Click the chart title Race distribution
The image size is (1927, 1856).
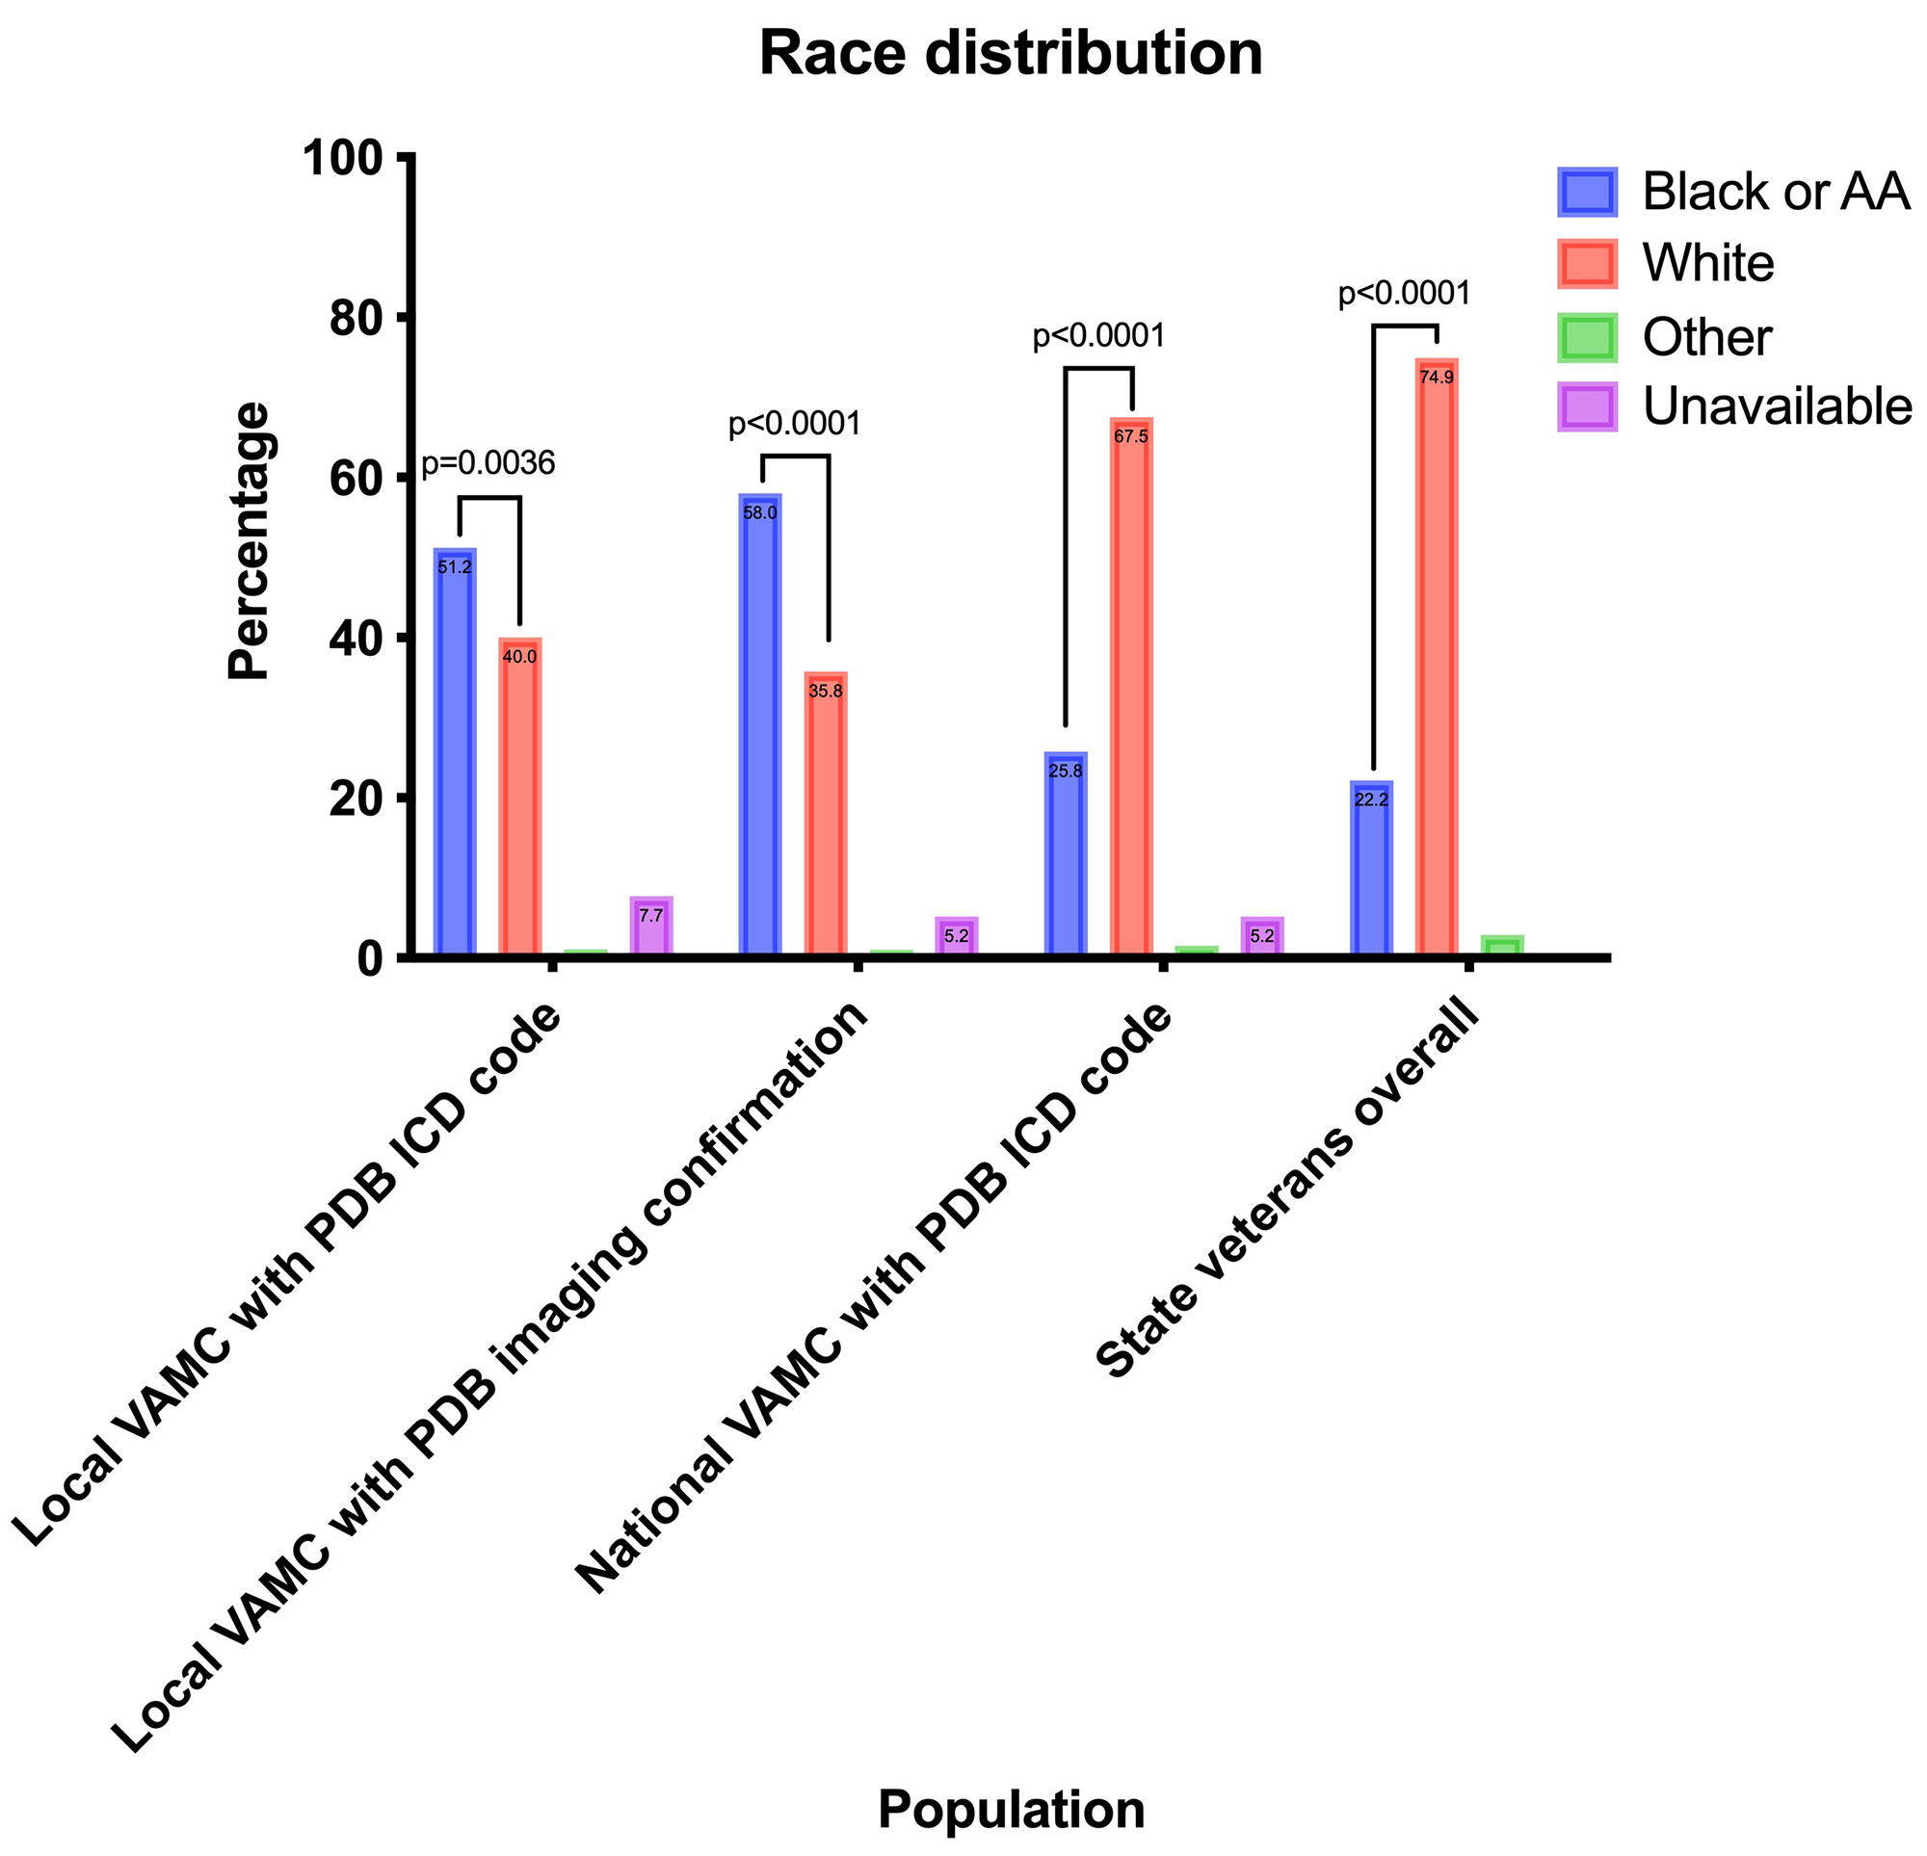click(x=1011, y=55)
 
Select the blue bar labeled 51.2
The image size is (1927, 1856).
click(x=455, y=752)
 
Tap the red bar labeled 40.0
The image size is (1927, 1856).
click(x=519, y=797)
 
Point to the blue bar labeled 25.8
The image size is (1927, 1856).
click(x=1066, y=854)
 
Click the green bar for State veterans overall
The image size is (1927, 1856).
click(x=1501, y=946)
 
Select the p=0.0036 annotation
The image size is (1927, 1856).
click(x=488, y=464)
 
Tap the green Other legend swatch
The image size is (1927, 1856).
click(x=1587, y=337)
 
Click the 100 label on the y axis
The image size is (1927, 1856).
click(x=342, y=157)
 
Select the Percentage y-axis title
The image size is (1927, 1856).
click(x=248, y=540)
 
